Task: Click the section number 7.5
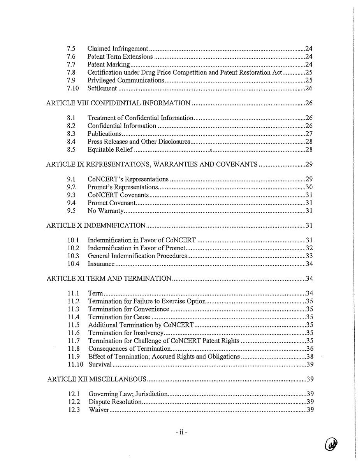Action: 71,49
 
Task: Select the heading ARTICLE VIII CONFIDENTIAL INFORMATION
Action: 118,103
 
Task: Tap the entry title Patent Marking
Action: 109,65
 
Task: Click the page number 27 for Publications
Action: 309,134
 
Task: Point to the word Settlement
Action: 102,88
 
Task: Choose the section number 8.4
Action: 71,142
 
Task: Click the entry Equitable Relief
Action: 110,149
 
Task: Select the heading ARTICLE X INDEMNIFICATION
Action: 96,225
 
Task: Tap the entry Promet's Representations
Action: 122,187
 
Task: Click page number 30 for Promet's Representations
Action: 309,187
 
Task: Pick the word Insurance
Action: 101,264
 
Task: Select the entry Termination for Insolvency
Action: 126,333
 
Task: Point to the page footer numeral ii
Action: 181,432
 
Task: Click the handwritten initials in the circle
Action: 331,444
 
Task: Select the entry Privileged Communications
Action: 126,81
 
